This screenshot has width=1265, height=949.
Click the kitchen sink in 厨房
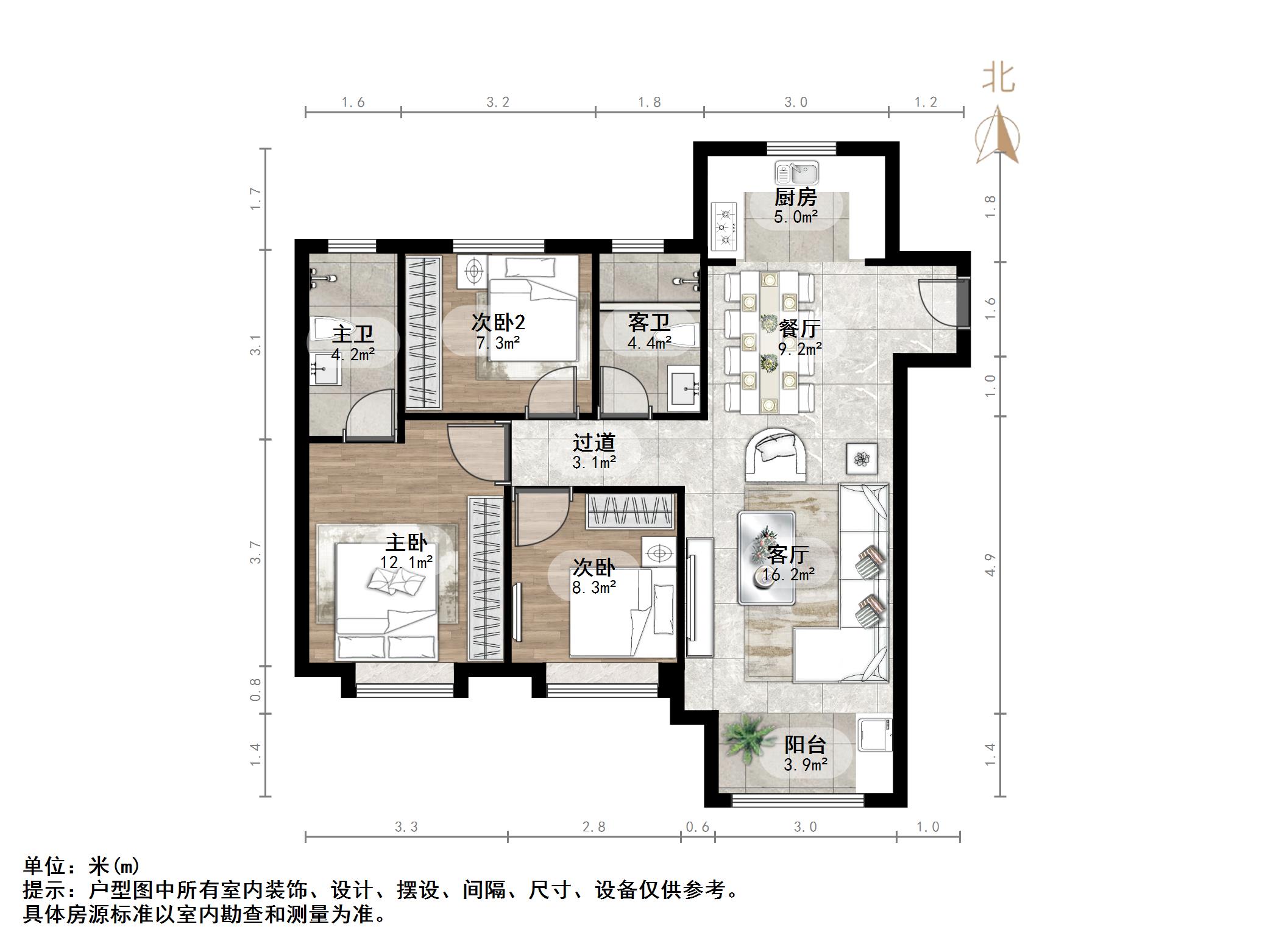pyautogui.click(x=796, y=173)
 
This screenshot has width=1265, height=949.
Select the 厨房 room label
pyautogui.click(x=795, y=197)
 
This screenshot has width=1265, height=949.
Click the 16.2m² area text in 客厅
pyautogui.click(x=788, y=575)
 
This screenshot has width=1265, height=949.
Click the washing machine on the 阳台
pyautogui.click(x=875, y=736)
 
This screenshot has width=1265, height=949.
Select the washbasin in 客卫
pyautogui.click(x=684, y=388)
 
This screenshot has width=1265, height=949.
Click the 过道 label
pyautogui.click(x=594, y=443)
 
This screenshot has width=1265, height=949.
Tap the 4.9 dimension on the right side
pyautogui.click(x=990, y=564)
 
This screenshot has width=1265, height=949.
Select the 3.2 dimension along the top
pyautogui.click(x=498, y=102)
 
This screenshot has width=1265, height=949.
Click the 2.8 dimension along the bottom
pyautogui.click(x=594, y=827)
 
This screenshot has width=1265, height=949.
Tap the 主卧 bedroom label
pyautogui.click(x=406, y=542)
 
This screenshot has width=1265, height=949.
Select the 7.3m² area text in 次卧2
pyautogui.click(x=498, y=343)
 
